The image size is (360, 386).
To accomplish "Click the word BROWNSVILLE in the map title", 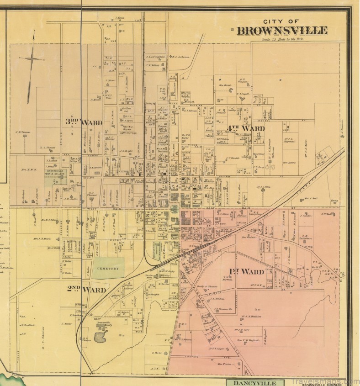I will [282, 31].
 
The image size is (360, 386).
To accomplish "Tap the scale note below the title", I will [282, 40].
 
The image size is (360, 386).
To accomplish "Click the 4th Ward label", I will [246, 128].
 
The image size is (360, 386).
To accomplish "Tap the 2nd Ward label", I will [86, 290].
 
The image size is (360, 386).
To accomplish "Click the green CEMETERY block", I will [109, 268].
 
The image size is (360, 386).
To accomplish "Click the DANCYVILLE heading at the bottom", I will [255, 382].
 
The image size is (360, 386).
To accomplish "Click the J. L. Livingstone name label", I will [155, 57].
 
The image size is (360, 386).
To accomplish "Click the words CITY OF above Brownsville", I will [281, 21].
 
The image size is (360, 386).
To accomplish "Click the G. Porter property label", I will [157, 353].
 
